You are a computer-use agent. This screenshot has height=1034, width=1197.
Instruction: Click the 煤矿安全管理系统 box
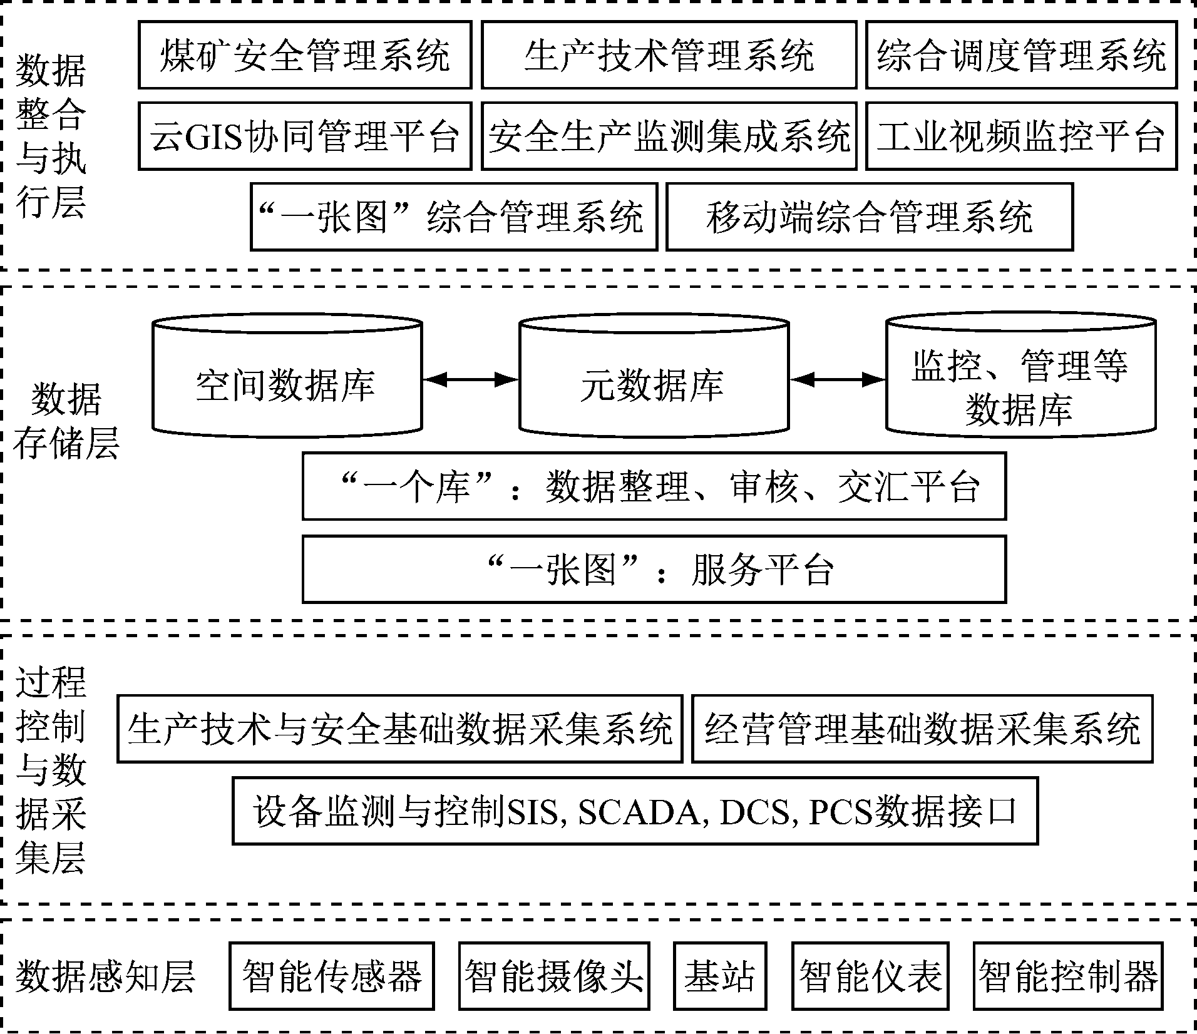point(305,55)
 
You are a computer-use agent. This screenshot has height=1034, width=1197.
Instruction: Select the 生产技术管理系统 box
point(669,55)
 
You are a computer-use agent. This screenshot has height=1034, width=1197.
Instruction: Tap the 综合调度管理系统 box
point(1021,55)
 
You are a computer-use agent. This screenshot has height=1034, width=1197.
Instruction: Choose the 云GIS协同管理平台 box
point(305,136)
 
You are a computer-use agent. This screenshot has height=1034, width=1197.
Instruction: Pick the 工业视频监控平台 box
point(1021,136)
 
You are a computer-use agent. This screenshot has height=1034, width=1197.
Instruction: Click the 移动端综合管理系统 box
point(870,217)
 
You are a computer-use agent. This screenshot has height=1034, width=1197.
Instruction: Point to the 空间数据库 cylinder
point(287,383)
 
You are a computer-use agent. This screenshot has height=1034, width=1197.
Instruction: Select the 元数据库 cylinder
point(654,383)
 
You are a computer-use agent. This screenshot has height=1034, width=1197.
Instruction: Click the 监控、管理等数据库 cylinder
point(1020,383)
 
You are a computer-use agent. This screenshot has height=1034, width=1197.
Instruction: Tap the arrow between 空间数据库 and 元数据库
point(471,379)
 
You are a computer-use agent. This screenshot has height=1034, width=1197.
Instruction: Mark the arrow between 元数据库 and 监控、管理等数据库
point(838,379)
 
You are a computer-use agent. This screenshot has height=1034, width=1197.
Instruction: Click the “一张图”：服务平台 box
point(654,569)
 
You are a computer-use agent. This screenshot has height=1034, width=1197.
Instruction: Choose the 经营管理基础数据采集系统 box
point(922,729)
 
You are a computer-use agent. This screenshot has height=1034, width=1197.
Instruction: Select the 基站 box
point(720,976)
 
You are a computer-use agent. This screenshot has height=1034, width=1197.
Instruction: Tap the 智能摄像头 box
point(554,976)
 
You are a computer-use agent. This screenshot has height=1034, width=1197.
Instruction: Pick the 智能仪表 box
point(870,976)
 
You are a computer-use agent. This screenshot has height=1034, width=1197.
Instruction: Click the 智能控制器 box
point(1067,976)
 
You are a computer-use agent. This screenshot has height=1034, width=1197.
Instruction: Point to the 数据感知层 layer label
point(105,976)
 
